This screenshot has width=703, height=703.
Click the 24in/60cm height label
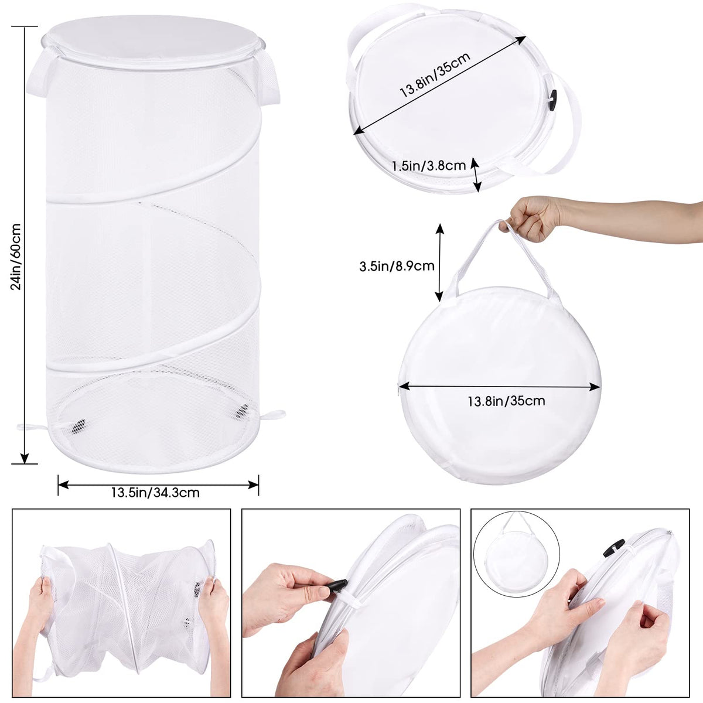pos(16,257)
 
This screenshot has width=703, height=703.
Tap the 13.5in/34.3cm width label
pos(155,493)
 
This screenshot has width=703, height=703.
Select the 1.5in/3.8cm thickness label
pos(429,166)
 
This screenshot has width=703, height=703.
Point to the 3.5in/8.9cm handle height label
pos(397,266)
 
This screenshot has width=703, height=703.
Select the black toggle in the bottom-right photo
pos(613,548)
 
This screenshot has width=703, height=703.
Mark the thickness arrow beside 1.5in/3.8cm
pos(475,175)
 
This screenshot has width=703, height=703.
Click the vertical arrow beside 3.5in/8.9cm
pos(439,262)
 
